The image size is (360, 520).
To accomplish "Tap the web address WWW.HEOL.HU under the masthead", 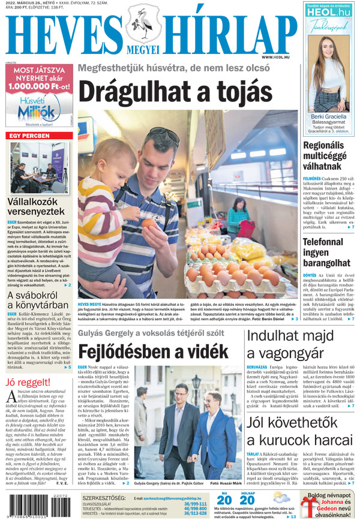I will (x=276, y=56).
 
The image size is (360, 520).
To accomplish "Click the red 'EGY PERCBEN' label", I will (x=29, y=136).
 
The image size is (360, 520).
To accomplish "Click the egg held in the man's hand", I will (x=147, y=223).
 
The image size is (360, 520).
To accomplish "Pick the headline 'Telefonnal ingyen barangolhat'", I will (x=327, y=252).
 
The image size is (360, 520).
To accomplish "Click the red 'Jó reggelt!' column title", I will (x=28, y=383).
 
